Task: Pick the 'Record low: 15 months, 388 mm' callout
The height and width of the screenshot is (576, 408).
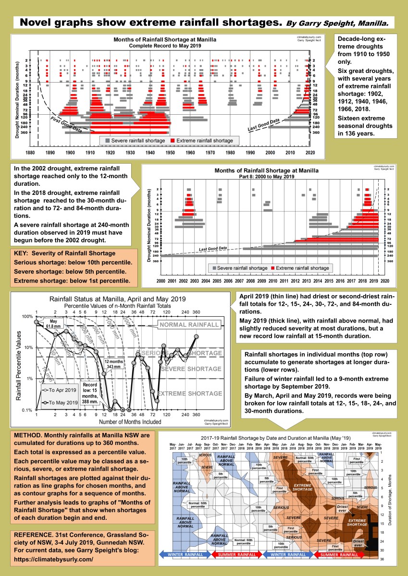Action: click(x=91, y=394)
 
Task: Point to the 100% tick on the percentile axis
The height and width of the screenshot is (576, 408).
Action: click(x=27, y=317)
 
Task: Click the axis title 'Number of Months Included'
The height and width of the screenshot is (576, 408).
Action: click(x=130, y=422)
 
